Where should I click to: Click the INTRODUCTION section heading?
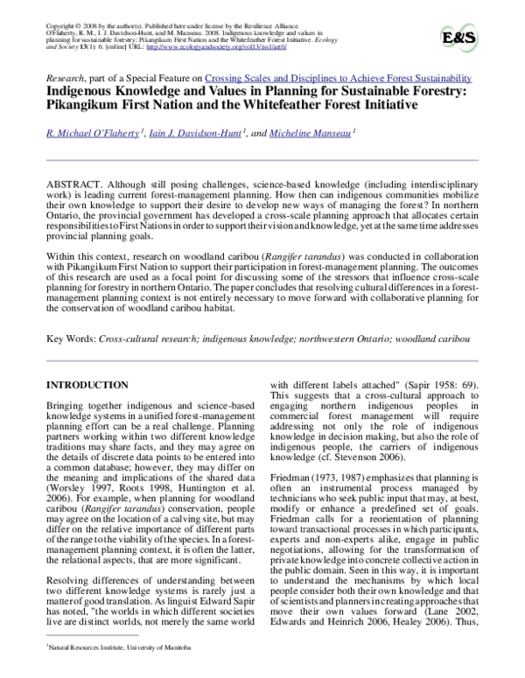point(94,384)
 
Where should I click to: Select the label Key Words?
point(70,337)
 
